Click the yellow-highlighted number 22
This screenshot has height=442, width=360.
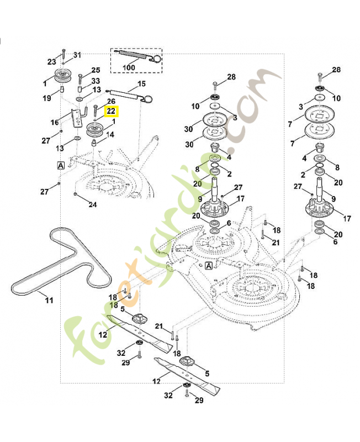coord(111,110)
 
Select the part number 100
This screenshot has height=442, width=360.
coord(128,67)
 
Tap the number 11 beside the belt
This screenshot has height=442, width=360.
coord(49,300)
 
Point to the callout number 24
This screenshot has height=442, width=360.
coord(93,204)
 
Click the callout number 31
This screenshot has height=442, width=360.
coord(77,55)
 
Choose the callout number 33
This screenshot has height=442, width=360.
coord(96,81)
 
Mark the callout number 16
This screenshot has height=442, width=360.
coord(55,122)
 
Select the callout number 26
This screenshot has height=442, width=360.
coord(110,101)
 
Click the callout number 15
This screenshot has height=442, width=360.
coord(141,84)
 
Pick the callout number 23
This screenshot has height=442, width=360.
coord(51,61)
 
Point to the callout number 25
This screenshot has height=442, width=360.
coord(96,70)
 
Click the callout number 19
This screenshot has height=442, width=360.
coord(47,98)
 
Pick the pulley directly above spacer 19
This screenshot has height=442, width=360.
coord(64,76)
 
